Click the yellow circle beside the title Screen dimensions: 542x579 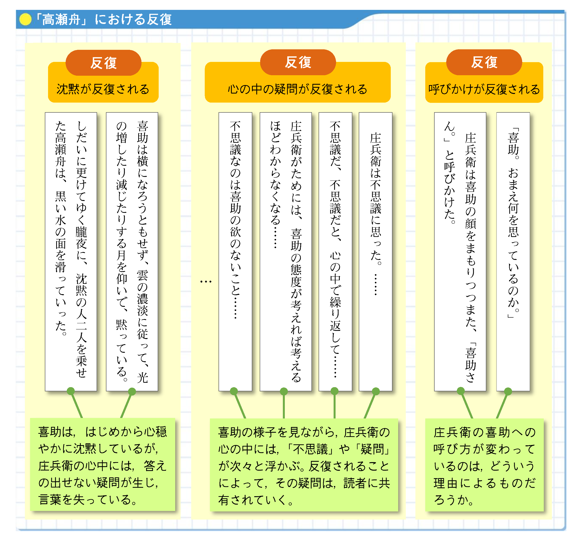click(25, 19)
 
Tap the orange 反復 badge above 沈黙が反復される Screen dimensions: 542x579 click(103, 63)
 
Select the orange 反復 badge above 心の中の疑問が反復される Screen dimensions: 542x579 click(298, 62)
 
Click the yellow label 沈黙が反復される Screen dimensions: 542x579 click(103, 89)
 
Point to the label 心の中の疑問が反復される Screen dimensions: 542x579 click(297, 89)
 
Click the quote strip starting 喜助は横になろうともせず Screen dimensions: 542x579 click(132, 251)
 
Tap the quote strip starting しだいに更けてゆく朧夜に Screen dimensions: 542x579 click(71, 251)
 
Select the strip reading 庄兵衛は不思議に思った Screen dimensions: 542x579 click(375, 251)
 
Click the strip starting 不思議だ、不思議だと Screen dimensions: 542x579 click(335, 251)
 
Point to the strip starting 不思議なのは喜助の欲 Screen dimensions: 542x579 click(235, 251)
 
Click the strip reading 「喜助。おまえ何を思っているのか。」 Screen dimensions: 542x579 click(513, 251)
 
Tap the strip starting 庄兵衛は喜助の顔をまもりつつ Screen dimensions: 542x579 click(460, 251)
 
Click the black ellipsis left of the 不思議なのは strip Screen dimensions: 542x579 click(206, 282)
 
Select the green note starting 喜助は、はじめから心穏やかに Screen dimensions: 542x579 click(102, 465)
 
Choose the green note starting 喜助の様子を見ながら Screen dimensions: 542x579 click(304, 465)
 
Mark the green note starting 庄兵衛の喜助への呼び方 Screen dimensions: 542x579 click(484, 465)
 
